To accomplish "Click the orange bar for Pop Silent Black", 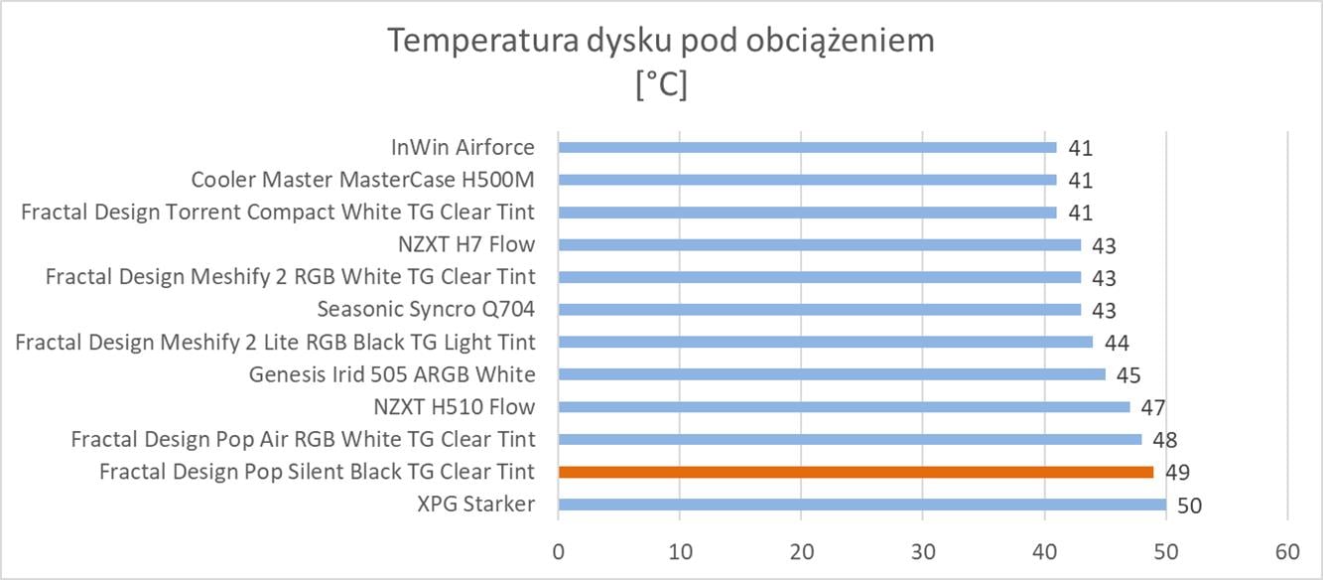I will click(x=856, y=472).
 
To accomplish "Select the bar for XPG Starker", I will click(x=861, y=505).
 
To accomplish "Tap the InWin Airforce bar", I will click(x=807, y=147).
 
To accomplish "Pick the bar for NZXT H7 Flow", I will click(x=819, y=244).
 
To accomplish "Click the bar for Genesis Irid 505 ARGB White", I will click(x=832, y=374).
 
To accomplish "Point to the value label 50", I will click(x=1189, y=506).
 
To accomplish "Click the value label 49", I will click(x=1177, y=473).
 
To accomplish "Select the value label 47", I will click(x=1153, y=407).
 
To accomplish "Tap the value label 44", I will click(x=1117, y=343).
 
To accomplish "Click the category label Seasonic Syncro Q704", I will click(x=426, y=310).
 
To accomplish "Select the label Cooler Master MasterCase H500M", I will click(x=362, y=180).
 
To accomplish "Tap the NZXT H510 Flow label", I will click(x=454, y=407).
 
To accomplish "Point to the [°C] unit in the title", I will click(x=661, y=85).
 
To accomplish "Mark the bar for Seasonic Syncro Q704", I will click(x=819, y=310).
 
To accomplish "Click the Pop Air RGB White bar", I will click(x=850, y=439).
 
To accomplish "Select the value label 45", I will click(x=1128, y=375).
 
